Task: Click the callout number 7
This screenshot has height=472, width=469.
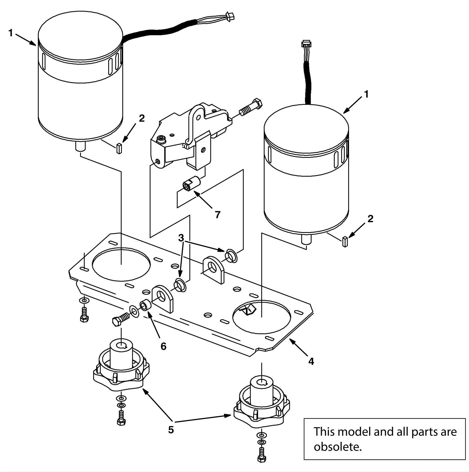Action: coord(217,215)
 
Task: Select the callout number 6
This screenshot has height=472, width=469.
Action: coord(164,346)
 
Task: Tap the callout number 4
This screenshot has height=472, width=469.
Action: coord(311,362)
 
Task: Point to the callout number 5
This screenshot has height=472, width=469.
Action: coord(171,430)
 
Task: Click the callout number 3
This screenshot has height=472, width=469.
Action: coord(181,238)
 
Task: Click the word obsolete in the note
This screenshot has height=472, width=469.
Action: coord(337,447)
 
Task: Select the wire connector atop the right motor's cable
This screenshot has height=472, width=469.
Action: coord(306,44)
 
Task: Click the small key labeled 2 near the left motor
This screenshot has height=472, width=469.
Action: coord(119,149)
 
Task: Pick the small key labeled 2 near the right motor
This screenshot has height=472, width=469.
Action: coord(345,241)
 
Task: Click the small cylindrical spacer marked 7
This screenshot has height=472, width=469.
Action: coord(191,184)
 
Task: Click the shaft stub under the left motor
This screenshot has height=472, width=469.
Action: coord(79,146)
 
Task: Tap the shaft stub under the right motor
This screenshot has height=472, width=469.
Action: coord(306,239)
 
